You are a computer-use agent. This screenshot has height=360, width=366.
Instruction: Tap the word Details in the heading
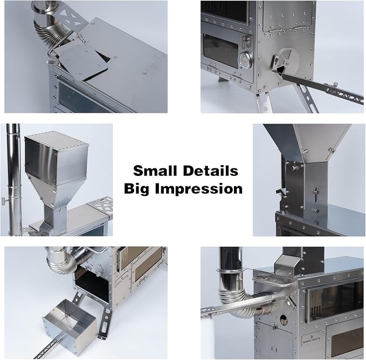[211, 171]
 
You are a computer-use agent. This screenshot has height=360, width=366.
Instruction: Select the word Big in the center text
[137, 189]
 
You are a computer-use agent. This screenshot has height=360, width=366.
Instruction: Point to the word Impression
[199, 189]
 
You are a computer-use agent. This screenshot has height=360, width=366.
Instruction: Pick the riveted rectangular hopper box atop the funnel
[57, 155]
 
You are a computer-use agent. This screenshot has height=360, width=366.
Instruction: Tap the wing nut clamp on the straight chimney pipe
[5, 201]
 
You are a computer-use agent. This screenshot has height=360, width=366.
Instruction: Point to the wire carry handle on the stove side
[272, 281]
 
